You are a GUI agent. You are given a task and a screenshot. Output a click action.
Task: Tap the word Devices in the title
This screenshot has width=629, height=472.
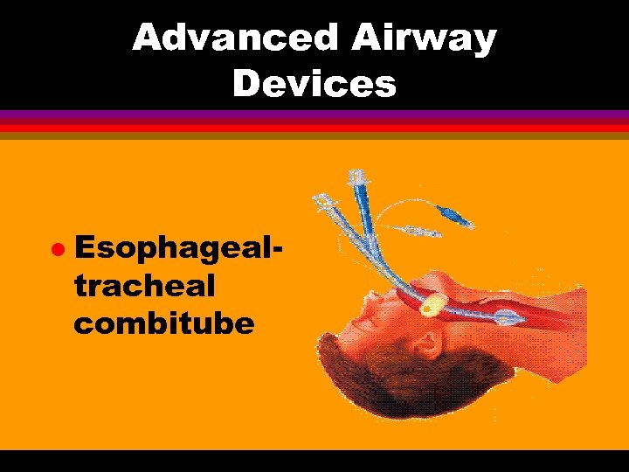tap(314, 84)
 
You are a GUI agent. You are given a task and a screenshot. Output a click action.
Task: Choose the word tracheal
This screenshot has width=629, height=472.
tap(144, 286)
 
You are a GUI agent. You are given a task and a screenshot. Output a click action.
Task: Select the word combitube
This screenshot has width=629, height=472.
tap(164, 323)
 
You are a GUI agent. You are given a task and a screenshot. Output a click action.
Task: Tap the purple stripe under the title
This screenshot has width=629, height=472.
tap(314, 115)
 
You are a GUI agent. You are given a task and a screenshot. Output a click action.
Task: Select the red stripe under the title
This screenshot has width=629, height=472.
tap(314, 127)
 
